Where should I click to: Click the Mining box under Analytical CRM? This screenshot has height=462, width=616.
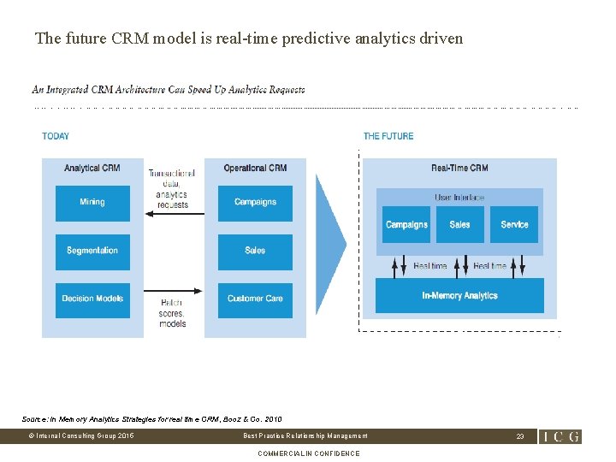pos(92,203)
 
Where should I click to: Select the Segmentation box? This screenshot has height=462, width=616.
pos(92,251)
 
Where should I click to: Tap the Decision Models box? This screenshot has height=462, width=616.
pos(92,299)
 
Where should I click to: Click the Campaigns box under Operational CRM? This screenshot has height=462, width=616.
pos(255,203)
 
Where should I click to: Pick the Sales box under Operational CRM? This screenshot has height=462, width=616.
pos(255,251)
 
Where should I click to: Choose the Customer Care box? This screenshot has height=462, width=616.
pos(255,299)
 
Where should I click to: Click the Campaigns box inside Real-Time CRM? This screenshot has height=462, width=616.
pos(406,225)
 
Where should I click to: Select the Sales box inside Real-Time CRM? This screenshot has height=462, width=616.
pos(459,225)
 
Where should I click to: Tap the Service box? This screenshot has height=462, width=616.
pos(514,225)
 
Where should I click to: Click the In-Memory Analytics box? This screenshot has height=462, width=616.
pos(459,296)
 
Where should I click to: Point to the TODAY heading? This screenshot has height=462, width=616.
pos(56,136)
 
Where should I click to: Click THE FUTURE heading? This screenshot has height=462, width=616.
pos(388,136)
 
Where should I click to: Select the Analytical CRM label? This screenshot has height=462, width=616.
pos(92,169)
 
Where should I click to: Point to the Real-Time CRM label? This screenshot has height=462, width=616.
pos(459,169)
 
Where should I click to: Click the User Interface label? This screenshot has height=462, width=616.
pos(459,198)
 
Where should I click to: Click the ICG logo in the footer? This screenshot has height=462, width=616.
pos(560,436)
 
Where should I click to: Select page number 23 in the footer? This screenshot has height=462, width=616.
pos(519,436)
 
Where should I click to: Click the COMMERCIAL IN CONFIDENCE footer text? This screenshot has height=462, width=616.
pos(308,453)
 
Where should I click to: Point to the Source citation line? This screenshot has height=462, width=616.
pos(151,418)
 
